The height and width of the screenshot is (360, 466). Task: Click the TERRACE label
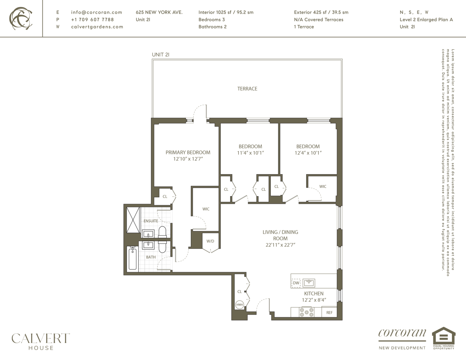(247, 89)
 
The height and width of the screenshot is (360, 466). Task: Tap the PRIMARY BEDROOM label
(188, 152)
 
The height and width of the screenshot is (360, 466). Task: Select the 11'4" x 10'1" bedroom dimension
(250, 153)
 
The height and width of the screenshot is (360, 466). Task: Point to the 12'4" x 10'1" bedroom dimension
(308, 153)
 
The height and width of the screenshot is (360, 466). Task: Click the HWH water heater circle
(239, 305)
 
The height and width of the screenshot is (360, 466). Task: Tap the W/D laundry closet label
(210, 241)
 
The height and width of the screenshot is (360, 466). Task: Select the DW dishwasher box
(296, 283)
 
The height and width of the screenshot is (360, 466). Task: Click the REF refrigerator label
(329, 312)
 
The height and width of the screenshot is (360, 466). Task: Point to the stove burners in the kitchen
(306, 312)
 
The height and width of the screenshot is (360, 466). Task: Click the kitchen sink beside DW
(309, 283)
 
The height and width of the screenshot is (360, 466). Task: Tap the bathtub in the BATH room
(133, 258)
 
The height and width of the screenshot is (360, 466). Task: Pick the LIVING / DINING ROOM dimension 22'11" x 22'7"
(280, 245)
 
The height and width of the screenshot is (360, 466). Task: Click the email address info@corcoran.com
(97, 12)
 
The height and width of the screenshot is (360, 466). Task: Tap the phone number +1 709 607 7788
(92, 19)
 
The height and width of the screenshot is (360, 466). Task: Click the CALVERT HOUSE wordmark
(41, 341)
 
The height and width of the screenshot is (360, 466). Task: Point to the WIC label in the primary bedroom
(206, 209)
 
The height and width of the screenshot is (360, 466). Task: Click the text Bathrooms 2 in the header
(212, 27)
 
